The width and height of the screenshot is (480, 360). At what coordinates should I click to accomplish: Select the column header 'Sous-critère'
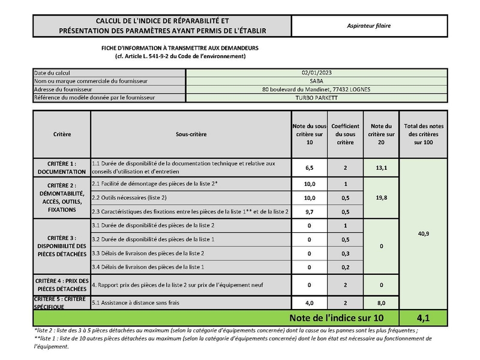pyautogui.click(x=191, y=134)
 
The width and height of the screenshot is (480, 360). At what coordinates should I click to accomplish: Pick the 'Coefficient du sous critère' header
pyautogui.click(x=345, y=134)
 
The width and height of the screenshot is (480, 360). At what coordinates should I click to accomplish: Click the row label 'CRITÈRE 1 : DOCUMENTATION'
pyautogui.click(x=62, y=167)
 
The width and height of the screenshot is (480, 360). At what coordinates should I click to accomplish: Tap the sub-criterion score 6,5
pyautogui.click(x=310, y=168)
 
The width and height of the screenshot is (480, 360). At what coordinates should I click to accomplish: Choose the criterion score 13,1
pyautogui.click(x=381, y=168)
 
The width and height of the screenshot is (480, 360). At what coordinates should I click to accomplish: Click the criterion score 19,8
pyautogui.click(x=381, y=197)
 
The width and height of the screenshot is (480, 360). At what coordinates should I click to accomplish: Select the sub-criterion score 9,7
pyautogui.click(x=310, y=212)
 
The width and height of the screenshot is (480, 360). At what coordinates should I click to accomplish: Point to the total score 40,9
pyautogui.click(x=423, y=233)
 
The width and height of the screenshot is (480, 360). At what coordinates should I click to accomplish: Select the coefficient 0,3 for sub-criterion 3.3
pyautogui.click(x=345, y=253)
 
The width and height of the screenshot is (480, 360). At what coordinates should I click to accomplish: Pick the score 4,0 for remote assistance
pyautogui.click(x=310, y=304)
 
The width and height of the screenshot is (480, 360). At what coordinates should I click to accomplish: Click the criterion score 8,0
pyautogui.click(x=381, y=304)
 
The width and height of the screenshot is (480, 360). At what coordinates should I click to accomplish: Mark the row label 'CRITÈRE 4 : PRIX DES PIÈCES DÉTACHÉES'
pyautogui.click(x=62, y=285)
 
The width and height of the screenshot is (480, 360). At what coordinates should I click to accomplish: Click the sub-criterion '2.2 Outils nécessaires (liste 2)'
pyautogui.click(x=129, y=197)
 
